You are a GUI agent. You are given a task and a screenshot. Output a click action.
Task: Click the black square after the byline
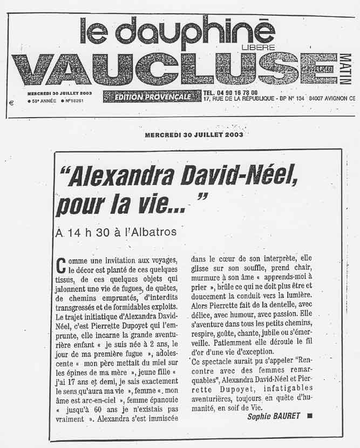310,416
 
